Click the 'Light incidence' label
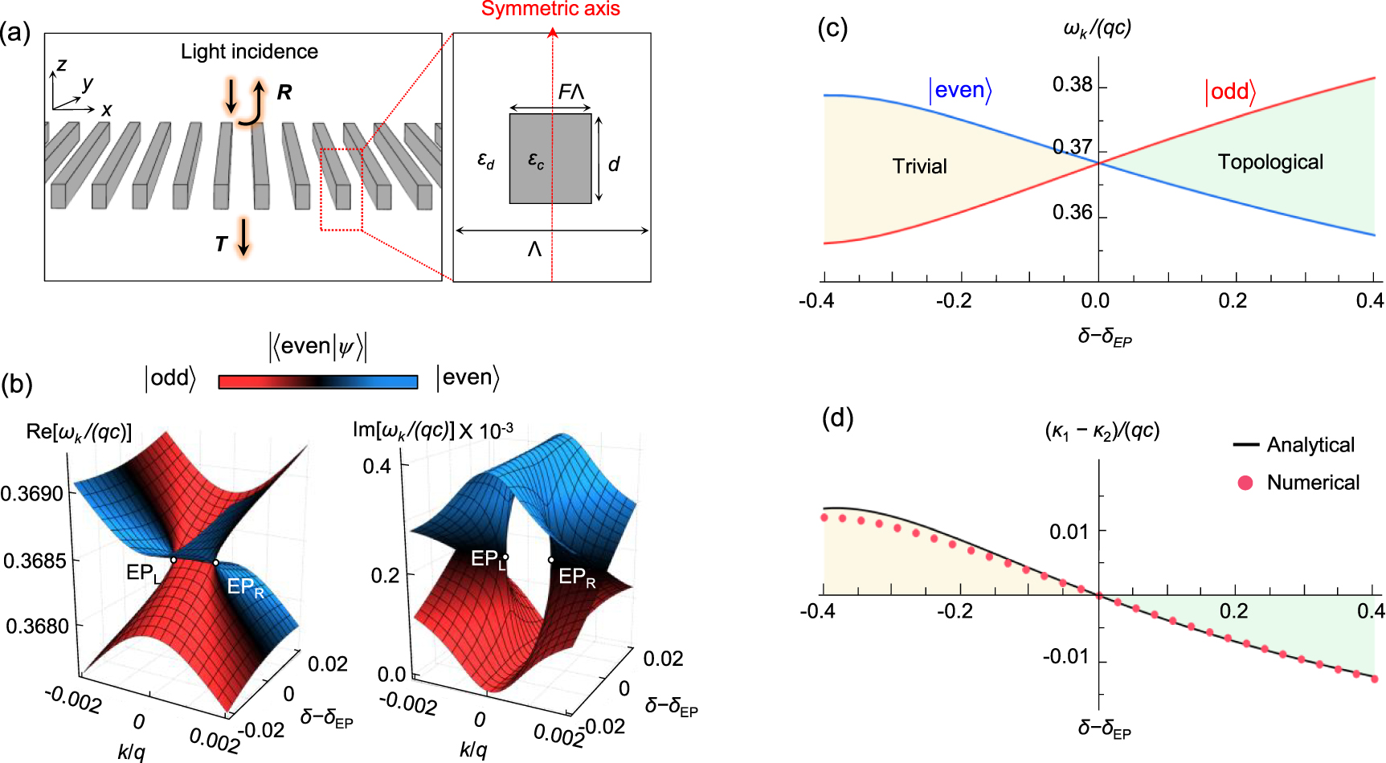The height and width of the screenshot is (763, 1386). tap(249, 52)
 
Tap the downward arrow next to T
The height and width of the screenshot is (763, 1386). tap(243, 237)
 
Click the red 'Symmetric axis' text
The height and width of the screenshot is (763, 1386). tap(550, 10)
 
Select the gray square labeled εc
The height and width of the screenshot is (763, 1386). tap(550, 158)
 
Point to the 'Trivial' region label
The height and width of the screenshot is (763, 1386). tap(919, 166)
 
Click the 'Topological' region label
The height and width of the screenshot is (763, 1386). tap(1269, 162)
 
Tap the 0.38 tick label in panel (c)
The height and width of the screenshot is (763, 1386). tap(1073, 85)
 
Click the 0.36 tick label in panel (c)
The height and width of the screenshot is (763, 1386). tap(1073, 213)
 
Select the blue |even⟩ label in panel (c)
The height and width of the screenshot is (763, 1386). tap(960, 90)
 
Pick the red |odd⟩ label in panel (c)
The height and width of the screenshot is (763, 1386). tap(1230, 92)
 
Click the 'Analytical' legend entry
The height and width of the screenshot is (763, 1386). tap(1310, 445)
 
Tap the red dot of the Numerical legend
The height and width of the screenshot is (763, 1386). tap(1245, 483)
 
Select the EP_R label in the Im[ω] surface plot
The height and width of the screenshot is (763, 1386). tap(577, 577)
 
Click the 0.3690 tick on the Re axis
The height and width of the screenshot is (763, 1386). tap(32, 493)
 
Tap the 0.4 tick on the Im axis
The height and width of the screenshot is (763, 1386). tap(376, 466)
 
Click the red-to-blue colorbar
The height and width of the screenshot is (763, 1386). tap(318, 382)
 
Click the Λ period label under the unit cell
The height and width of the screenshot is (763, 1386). tap(534, 250)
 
